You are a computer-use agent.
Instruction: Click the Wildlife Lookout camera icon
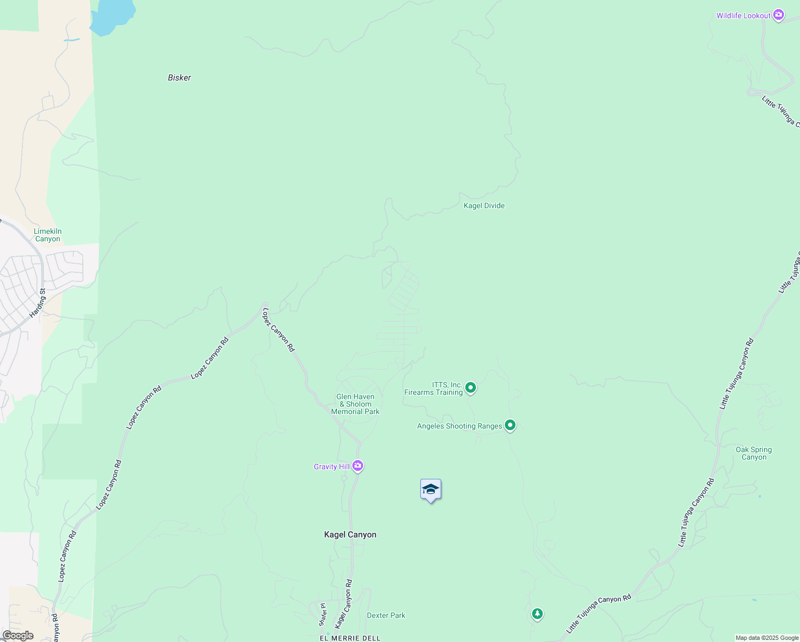779,16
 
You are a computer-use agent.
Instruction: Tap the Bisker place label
179,78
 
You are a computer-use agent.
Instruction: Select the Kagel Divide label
484,205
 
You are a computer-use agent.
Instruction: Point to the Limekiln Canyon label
48,235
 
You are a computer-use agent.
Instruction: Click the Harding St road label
37,303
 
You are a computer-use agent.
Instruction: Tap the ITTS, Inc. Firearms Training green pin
471,387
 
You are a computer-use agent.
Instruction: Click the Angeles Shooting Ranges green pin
510,425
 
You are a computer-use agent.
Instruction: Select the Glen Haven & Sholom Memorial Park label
355,404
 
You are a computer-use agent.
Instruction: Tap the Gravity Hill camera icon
358,466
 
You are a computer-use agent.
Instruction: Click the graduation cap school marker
430,490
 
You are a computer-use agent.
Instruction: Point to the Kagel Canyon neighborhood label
350,534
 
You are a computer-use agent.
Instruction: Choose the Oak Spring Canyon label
753,453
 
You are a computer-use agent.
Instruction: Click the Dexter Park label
386,615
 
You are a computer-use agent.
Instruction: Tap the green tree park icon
537,614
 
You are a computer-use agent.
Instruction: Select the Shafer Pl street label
322,614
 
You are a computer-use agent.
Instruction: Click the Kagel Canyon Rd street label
344,604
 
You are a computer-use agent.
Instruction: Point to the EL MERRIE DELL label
350,638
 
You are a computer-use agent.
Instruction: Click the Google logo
18,636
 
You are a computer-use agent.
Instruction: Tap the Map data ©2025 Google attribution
767,638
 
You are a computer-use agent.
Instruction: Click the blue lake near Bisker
112,16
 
